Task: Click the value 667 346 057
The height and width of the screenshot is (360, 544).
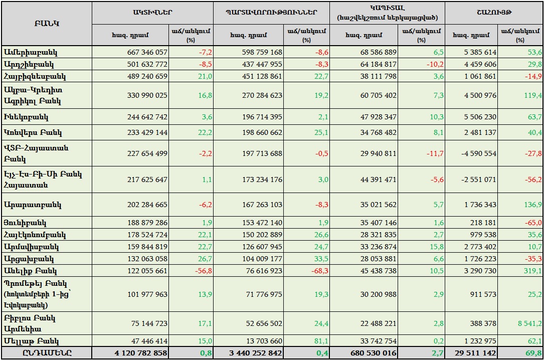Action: pos(140,52)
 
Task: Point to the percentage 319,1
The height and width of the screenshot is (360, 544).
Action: pos(532,271)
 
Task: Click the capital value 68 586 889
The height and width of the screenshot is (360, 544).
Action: pos(373,52)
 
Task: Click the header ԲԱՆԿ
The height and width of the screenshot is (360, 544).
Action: pos(47,24)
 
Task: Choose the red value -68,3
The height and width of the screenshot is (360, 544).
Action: pos(319,271)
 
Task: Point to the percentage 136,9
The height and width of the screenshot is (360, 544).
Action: pos(532,205)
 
